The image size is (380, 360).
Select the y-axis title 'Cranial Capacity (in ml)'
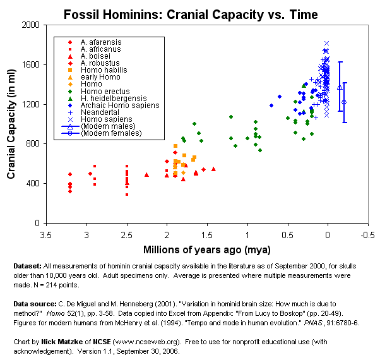11,124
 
